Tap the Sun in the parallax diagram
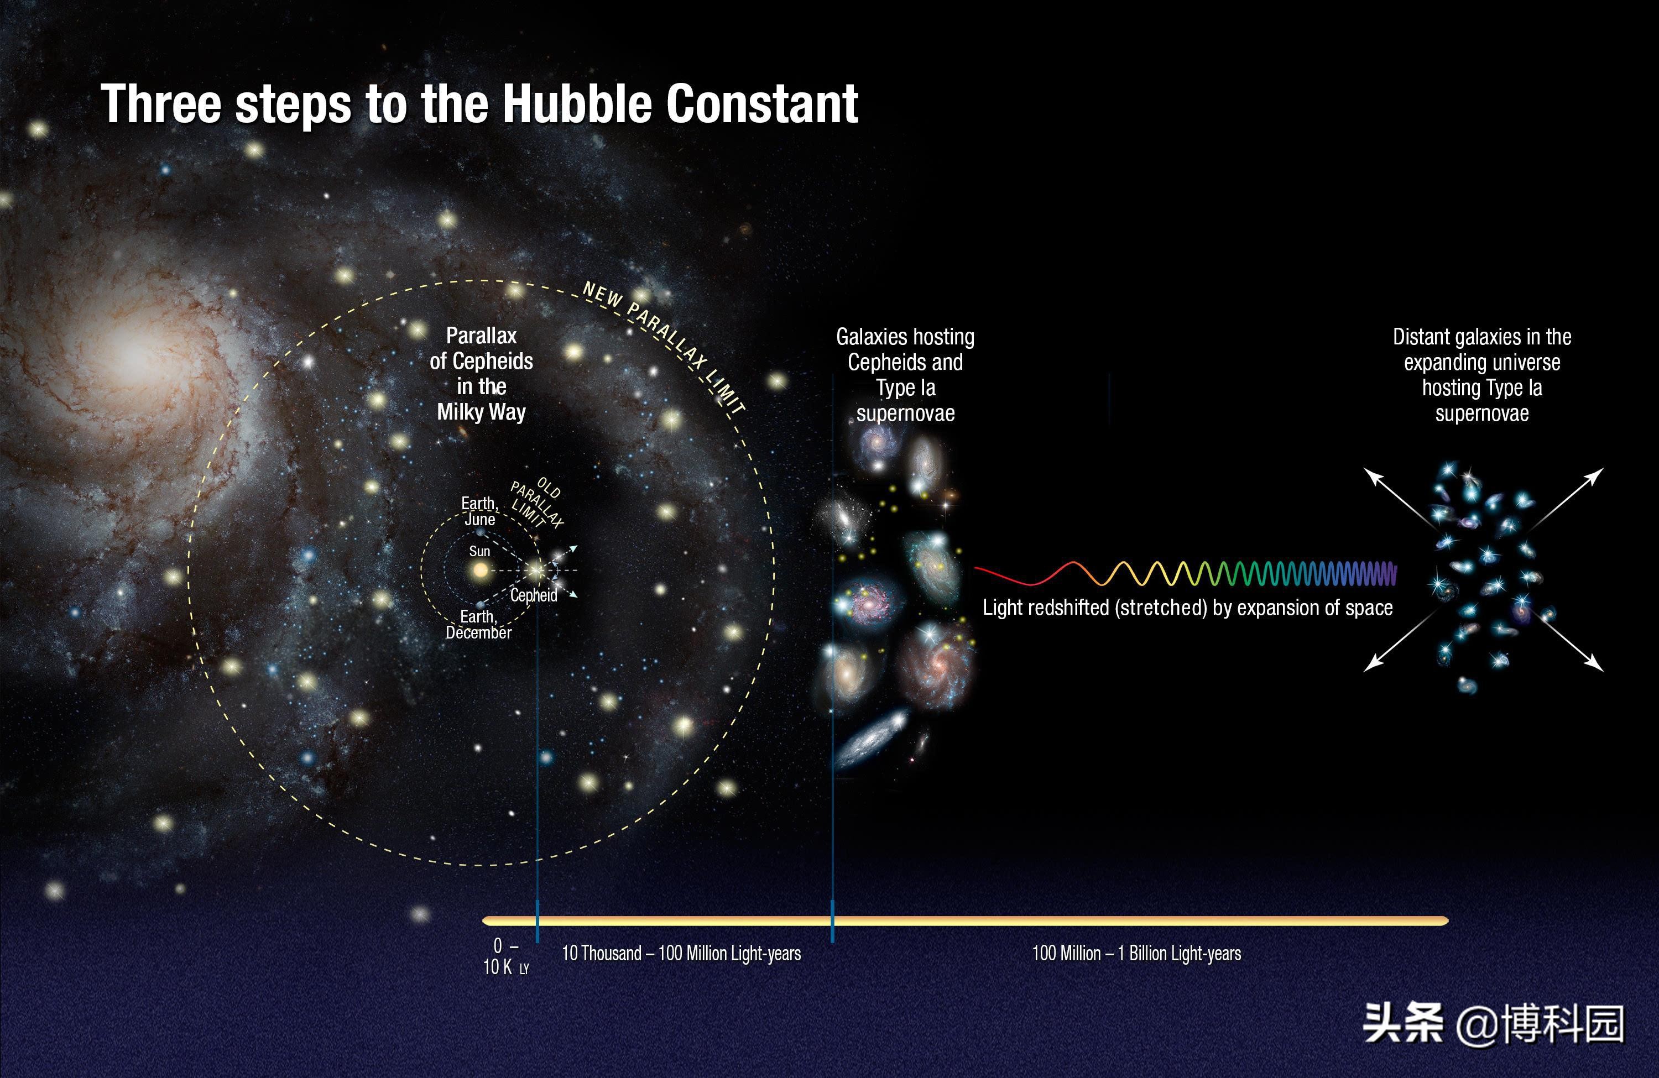480,571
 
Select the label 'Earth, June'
479,511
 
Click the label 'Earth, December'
478,624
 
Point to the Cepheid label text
534,595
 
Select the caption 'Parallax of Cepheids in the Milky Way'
481,374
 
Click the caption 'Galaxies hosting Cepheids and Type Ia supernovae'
905,375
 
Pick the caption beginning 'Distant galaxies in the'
1482,375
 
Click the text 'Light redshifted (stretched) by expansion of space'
1188,608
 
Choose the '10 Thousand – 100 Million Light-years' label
681,953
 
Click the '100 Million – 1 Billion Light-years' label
1136,953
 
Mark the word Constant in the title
762,104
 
